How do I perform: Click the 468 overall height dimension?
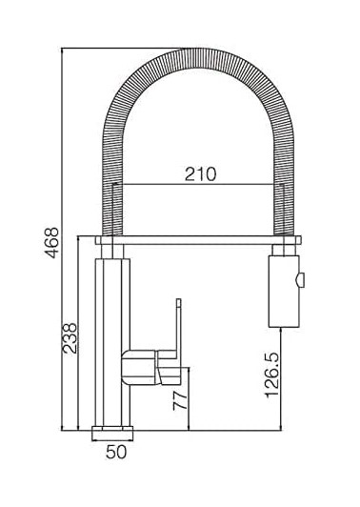tap(51, 242)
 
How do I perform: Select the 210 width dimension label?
tap(200, 174)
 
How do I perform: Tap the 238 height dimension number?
tap(70, 338)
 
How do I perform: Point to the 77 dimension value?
tap(180, 401)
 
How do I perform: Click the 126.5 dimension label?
tap(272, 375)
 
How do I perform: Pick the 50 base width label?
tap(116, 452)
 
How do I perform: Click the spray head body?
tap(284, 292)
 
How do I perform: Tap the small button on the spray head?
tap(301, 280)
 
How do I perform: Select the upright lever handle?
tap(178, 326)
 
